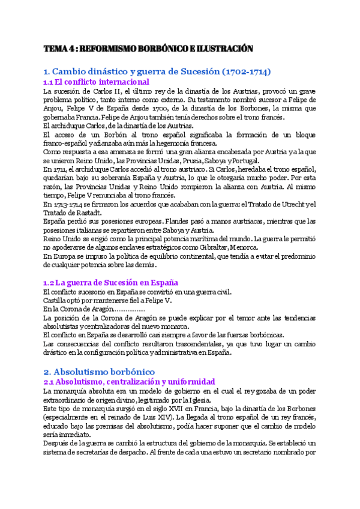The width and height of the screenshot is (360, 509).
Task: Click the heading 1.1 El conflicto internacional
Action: pyautogui.click(x=96, y=82)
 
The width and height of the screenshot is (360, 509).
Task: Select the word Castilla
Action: pyautogui.click(x=56, y=300)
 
